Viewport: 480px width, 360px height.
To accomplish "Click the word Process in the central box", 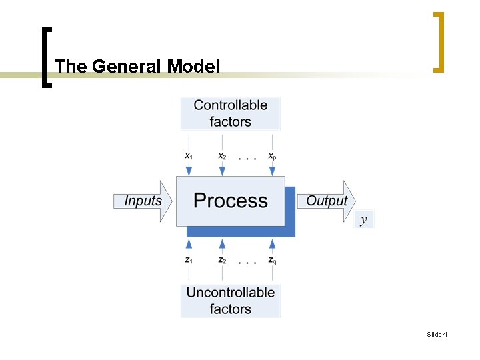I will click(230, 201).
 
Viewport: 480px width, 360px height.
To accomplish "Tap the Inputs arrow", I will click(143, 201).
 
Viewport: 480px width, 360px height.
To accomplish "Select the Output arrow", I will click(326, 201).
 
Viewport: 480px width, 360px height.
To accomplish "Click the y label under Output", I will click(363, 220).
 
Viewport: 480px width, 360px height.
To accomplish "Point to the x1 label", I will click(189, 156).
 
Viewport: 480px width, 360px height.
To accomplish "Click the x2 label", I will click(222, 156).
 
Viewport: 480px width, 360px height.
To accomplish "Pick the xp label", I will click(272, 156).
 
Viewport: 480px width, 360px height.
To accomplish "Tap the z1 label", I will click(189, 260).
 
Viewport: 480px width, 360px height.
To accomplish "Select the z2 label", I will click(222, 260).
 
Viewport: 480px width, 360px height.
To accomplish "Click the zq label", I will click(272, 260).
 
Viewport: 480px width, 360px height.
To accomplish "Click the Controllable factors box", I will click(230, 113).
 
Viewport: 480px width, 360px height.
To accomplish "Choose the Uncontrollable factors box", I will click(230, 301).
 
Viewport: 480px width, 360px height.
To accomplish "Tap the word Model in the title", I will click(193, 67).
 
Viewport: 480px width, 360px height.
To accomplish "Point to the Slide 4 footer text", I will click(437, 334).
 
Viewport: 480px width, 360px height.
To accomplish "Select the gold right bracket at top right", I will click(439, 41).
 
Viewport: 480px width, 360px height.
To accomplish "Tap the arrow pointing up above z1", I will click(189, 245).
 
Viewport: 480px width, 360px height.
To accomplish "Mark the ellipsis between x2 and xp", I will click(247, 159).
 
